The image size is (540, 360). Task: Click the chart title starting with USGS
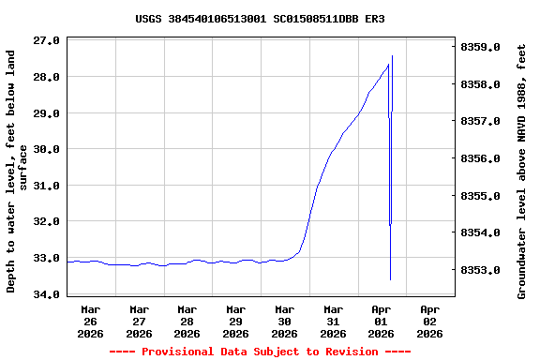point(260,19)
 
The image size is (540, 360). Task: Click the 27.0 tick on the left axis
point(48,40)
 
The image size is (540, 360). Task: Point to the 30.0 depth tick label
point(48,149)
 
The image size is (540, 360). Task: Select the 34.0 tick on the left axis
point(48,294)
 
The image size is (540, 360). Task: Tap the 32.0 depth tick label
point(48,221)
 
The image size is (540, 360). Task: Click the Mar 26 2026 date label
point(91,321)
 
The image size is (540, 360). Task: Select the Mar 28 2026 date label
point(187,321)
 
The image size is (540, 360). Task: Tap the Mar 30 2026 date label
point(284,321)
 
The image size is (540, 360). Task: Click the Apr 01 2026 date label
point(381,321)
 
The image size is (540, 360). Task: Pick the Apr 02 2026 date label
point(429,321)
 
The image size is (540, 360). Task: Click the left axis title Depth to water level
point(17,172)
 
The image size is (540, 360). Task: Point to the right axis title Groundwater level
point(522,172)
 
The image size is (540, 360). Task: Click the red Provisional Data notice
point(260,352)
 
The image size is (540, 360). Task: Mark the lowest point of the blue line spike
point(390,279)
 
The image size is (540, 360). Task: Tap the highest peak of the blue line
point(392,56)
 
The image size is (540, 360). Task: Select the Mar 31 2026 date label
point(333,321)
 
